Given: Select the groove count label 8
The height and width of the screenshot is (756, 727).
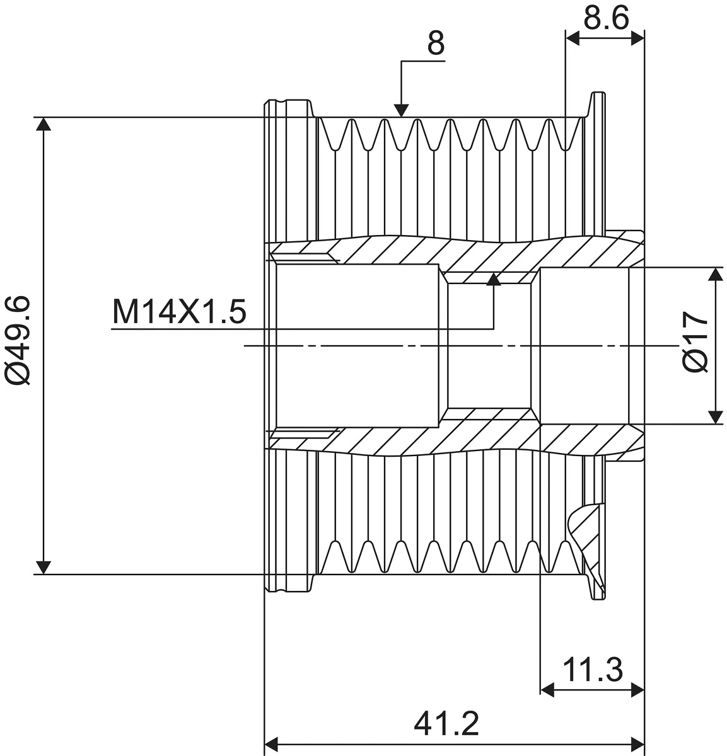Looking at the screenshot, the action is [436, 43].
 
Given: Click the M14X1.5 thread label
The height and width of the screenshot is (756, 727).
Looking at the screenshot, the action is [179, 312].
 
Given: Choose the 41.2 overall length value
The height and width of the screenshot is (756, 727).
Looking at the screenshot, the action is [446, 724].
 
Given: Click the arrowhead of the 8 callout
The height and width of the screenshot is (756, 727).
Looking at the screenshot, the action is [401, 111].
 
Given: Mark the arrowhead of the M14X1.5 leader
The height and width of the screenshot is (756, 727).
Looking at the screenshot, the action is [494, 279].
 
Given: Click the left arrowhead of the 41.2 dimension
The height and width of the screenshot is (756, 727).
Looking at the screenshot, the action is [271, 745].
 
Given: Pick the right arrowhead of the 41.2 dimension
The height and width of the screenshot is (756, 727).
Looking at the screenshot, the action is [637, 745].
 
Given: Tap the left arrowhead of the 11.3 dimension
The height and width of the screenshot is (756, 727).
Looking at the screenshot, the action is [547, 690].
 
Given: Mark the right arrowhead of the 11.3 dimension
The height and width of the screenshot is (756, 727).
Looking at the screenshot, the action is [637, 690].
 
